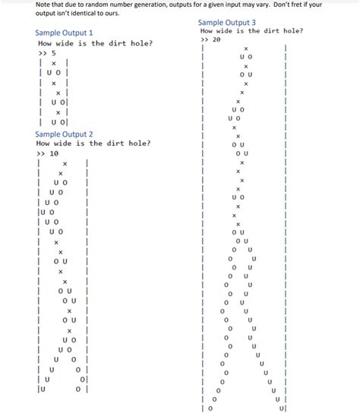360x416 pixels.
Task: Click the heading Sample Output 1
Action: (x=64, y=33)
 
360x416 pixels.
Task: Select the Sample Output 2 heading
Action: (x=64, y=134)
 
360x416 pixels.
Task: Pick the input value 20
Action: (x=217, y=39)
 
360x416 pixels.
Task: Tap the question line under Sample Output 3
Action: (x=252, y=31)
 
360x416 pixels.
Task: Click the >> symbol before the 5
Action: (x=41, y=53)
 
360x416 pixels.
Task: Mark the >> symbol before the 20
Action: (x=204, y=39)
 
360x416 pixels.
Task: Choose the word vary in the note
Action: (x=251, y=4)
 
